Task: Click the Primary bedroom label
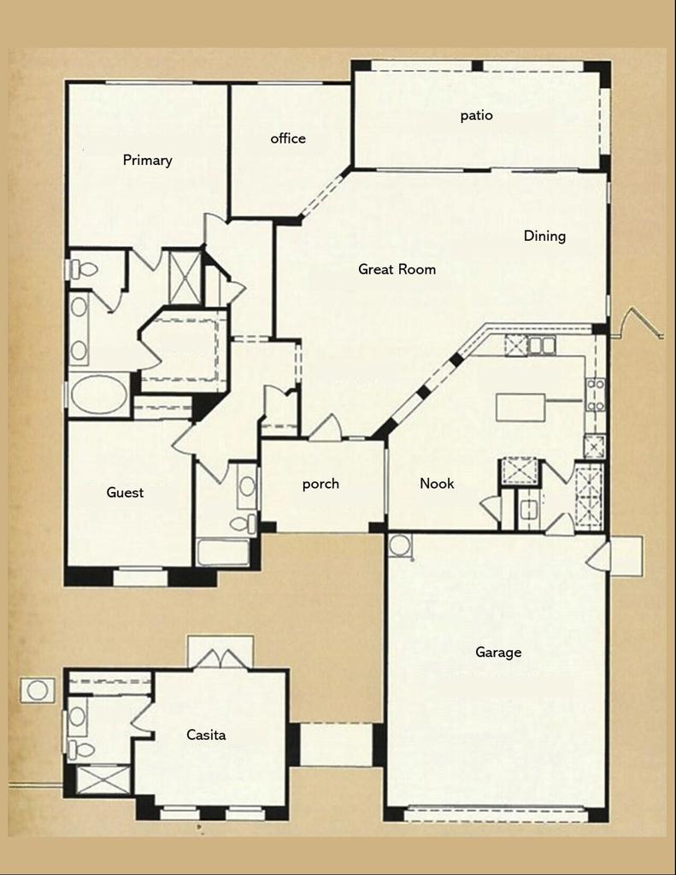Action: pyautogui.click(x=147, y=160)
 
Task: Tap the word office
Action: pyautogui.click(x=288, y=138)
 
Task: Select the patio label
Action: pyautogui.click(x=476, y=115)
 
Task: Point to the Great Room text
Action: pyautogui.click(x=397, y=269)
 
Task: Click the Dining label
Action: pyautogui.click(x=544, y=236)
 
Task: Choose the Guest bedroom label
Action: pyautogui.click(x=125, y=492)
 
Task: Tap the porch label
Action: pyautogui.click(x=320, y=484)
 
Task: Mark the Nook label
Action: pyautogui.click(x=437, y=484)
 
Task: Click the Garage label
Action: pyautogui.click(x=498, y=653)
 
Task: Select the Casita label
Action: pyautogui.click(x=206, y=734)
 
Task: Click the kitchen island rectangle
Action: pyautogui.click(x=520, y=407)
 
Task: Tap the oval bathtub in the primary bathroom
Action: pyautogui.click(x=98, y=395)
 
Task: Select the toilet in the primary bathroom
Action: pyautogui.click(x=84, y=270)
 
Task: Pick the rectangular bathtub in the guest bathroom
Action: pyautogui.click(x=223, y=552)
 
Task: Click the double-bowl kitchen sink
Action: pyautogui.click(x=541, y=345)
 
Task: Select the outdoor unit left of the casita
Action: pyautogui.click(x=37, y=690)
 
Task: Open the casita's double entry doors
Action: pyautogui.click(x=220, y=659)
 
